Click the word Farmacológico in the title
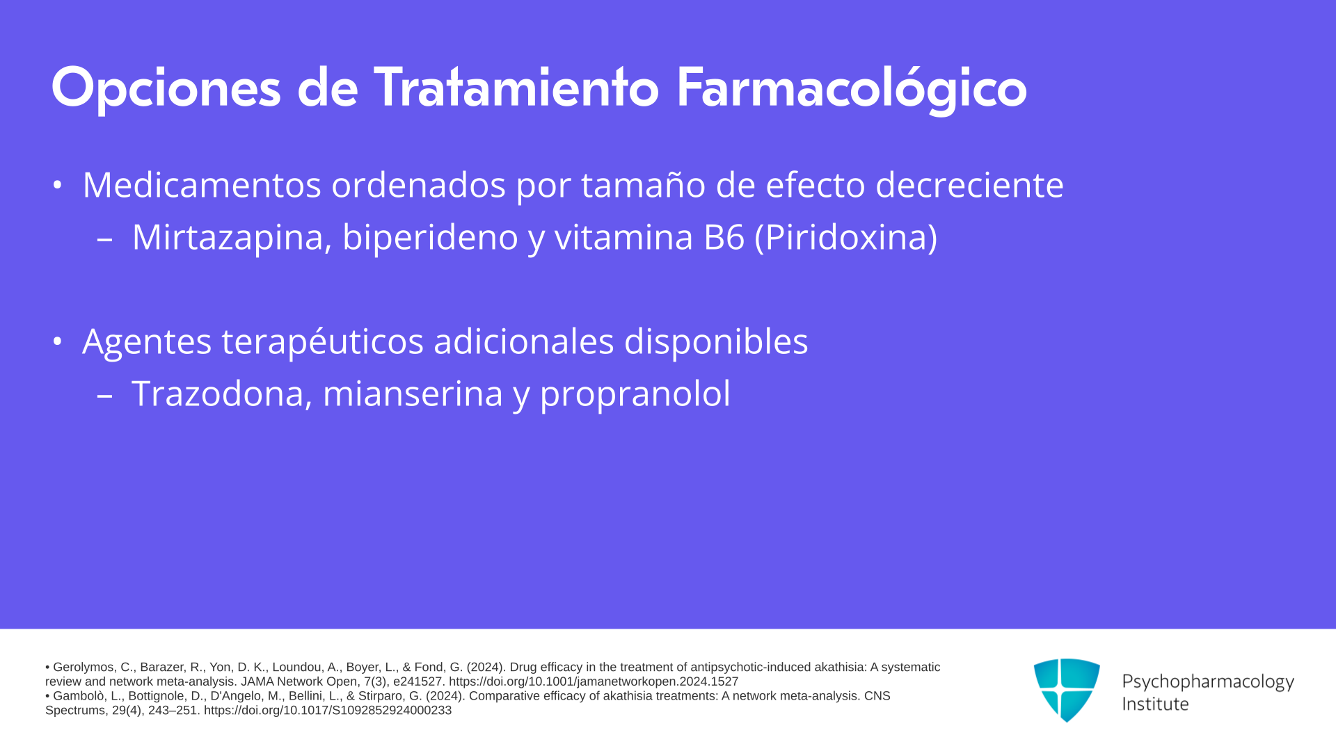click(851, 89)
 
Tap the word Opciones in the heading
click(166, 89)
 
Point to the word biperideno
click(430, 238)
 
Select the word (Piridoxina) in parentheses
click(846, 237)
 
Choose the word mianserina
click(413, 393)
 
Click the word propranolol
click(635, 394)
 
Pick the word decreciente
click(969, 185)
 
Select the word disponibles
click(716, 341)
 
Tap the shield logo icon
click(1067, 690)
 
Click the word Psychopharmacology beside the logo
click(1208, 681)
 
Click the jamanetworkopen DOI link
click(594, 681)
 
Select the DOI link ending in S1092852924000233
click(328, 711)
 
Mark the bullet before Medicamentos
click(58, 185)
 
